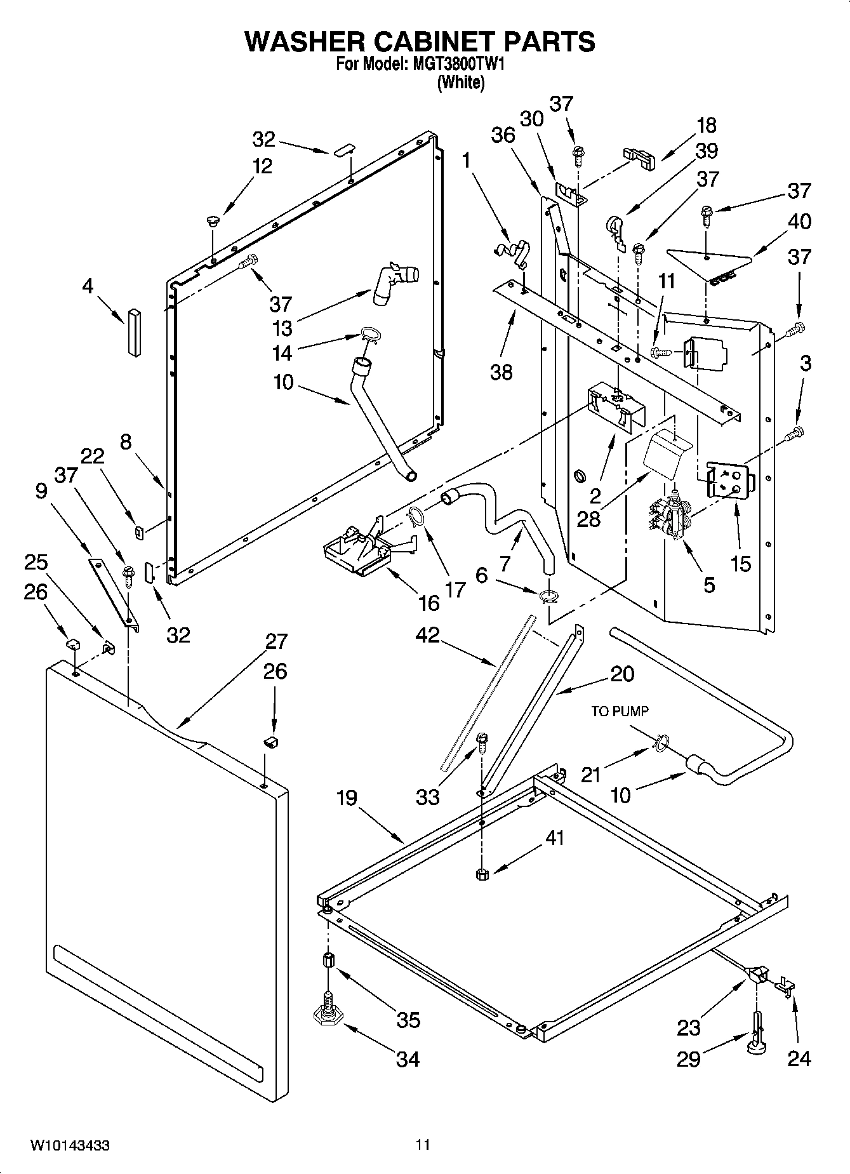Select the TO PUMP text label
click(620, 712)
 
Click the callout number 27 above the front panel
click(277, 641)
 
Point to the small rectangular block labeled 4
click(134, 333)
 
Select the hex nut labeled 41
click(482, 874)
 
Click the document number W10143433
click(69, 1145)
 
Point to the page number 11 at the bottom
click(423, 1145)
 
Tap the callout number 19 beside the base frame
click(347, 797)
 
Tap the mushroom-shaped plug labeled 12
click(213, 221)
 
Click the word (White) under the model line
click(461, 83)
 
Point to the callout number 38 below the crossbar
click(501, 371)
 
